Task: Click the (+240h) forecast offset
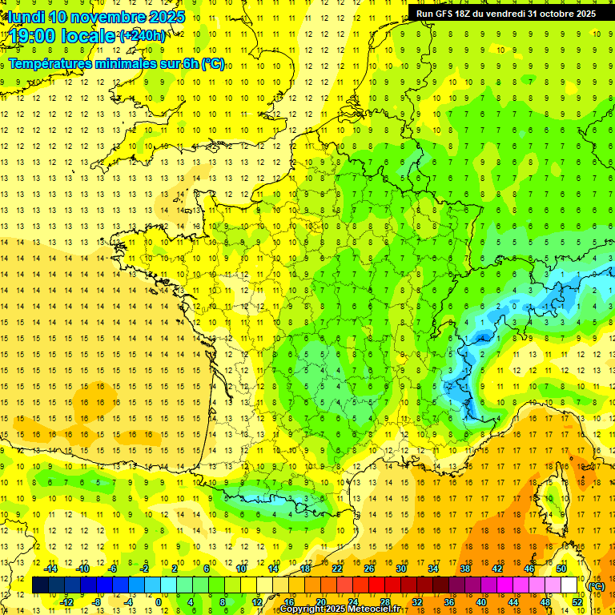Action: [x=143, y=35]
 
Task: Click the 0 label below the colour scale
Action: [x=159, y=602]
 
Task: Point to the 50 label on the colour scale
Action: [x=561, y=569]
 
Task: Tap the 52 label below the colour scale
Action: [x=577, y=602]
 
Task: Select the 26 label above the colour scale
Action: [x=369, y=569]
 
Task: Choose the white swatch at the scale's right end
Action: [x=569, y=585]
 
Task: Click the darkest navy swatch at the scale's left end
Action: [x=40, y=585]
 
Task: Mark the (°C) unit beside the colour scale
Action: [x=596, y=586]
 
